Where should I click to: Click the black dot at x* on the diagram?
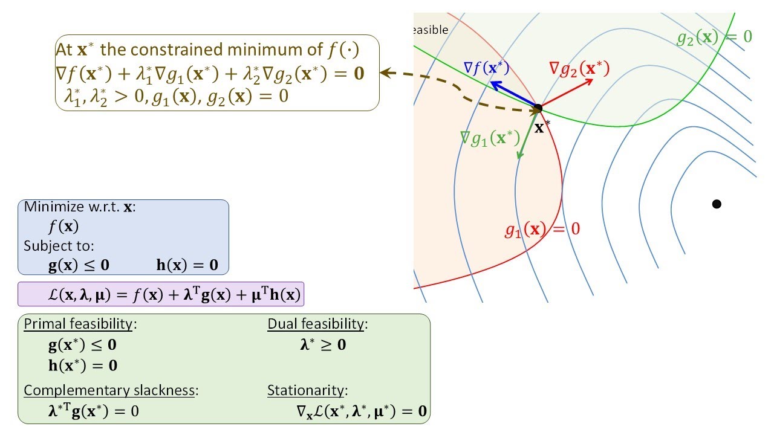tap(538, 109)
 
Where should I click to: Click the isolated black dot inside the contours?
tap(717, 204)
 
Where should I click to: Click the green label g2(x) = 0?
tap(714, 37)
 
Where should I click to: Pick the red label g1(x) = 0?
tap(542, 230)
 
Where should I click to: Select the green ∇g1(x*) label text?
tap(490, 138)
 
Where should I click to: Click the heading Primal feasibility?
tap(78, 324)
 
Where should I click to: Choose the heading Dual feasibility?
tap(316, 324)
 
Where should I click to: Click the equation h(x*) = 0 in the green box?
tap(83, 365)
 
